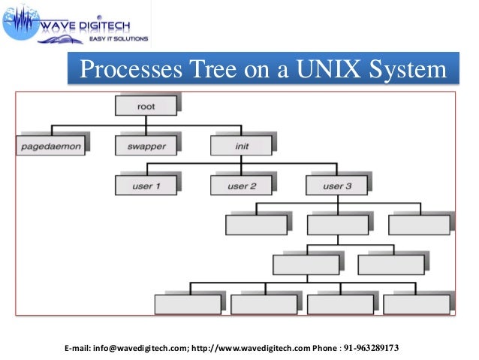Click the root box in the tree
(x=146, y=106)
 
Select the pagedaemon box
(x=50, y=145)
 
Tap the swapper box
(x=146, y=145)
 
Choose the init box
(x=241, y=145)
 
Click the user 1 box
(x=146, y=185)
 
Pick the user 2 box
(x=241, y=185)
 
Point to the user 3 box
(x=337, y=185)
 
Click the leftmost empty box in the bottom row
(x=187, y=304)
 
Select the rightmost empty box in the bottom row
(x=417, y=304)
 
